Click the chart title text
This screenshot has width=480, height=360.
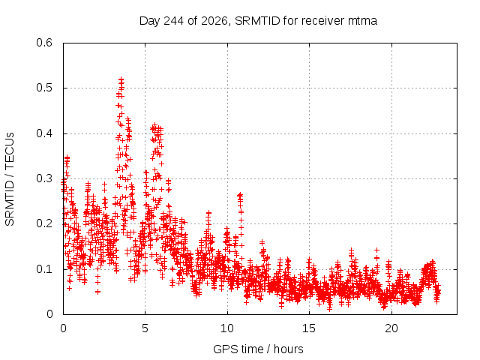point(258,21)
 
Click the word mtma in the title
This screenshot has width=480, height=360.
point(362,21)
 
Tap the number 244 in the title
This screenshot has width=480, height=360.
point(173,21)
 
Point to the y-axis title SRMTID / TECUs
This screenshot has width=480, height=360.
point(10,179)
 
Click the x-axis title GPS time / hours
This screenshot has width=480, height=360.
point(258,349)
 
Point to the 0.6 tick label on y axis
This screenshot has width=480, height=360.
point(44,43)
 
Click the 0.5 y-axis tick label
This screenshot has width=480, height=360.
point(44,88)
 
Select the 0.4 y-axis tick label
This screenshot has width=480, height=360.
point(44,133)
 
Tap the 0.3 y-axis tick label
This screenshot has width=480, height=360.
point(44,178)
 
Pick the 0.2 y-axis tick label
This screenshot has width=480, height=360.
point(44,223)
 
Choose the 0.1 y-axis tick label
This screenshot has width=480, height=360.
point(44,269)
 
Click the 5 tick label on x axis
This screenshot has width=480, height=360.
point(145,328)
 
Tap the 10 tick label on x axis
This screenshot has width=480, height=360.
point(227,328)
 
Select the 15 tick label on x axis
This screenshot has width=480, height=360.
point(309,328)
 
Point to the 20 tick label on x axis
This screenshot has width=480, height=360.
point(391,328)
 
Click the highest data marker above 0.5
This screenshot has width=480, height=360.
point(121,79)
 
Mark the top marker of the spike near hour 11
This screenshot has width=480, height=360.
point(240,194)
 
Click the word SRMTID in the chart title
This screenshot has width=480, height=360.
point(257,21)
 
